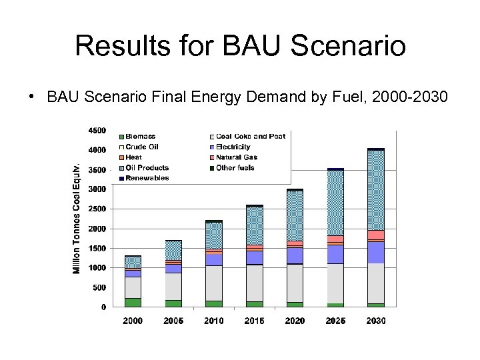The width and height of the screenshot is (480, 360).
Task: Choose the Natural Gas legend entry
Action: click(x=236, y=157)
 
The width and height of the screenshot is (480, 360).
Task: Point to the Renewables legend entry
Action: click(x=147, y=178)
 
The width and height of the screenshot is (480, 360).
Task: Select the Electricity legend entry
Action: click(x=233, y=147)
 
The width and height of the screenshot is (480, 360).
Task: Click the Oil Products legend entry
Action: click(x=147, y=167)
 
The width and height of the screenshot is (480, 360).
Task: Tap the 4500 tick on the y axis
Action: click(x=97, y=130)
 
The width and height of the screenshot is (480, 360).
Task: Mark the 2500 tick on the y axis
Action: click(x=97, y=209)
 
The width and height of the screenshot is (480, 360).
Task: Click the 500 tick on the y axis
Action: click(x=99, y=287)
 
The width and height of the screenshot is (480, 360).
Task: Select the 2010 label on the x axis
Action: click(x=213, y=321)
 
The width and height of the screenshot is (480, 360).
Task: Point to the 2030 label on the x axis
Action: click(x=375, y=321)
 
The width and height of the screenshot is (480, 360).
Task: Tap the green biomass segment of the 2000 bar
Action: click(x=133, y=302)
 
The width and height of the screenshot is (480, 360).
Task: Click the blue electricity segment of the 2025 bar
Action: click(x=335, y=254)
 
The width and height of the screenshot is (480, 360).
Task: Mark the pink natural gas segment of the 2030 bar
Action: click(x=375, y=235)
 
